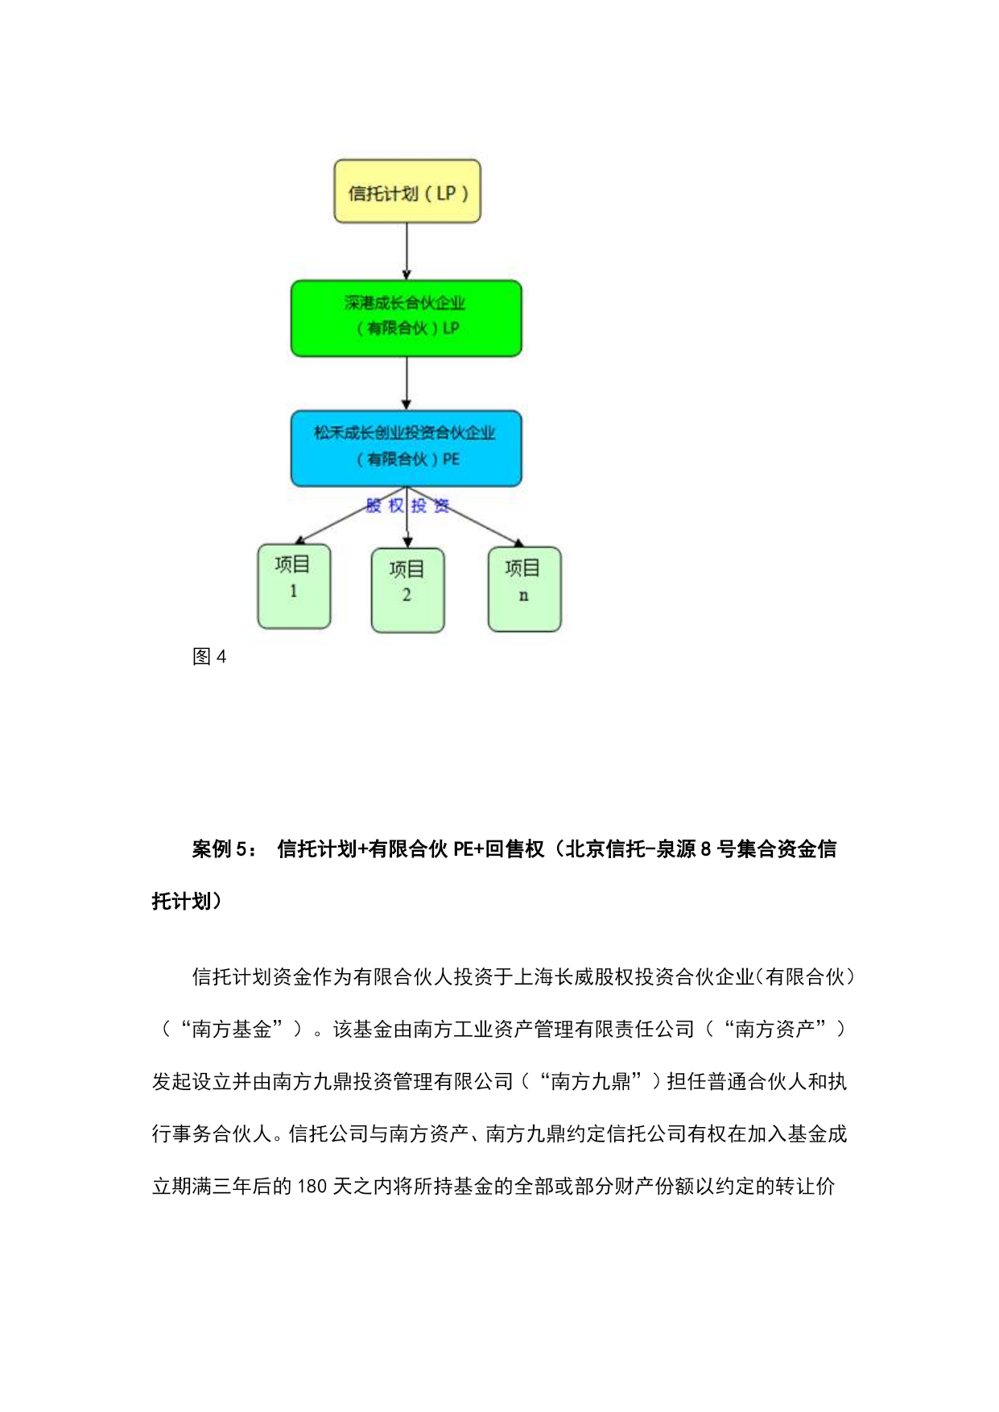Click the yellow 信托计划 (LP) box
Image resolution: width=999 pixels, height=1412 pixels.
coord(407,192)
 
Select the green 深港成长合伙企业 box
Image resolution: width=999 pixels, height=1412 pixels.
coord(406,318)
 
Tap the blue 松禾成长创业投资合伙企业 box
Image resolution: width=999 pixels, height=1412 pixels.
coord(406,448)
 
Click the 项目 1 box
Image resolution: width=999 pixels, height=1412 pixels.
coord(294,586)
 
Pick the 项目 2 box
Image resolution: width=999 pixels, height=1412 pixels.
coord(407,590)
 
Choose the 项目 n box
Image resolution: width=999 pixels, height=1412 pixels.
coord(524,589)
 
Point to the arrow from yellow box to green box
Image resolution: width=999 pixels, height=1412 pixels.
coord(407,251)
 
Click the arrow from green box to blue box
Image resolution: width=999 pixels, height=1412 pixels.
coord(407,383)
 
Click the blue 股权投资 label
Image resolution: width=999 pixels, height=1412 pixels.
coord(407,506)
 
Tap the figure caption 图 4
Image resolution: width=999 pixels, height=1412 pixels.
coord(209,657)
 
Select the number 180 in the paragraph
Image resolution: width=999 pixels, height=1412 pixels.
coord(312,1187)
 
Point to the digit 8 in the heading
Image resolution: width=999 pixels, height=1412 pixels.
coord(705,849)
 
